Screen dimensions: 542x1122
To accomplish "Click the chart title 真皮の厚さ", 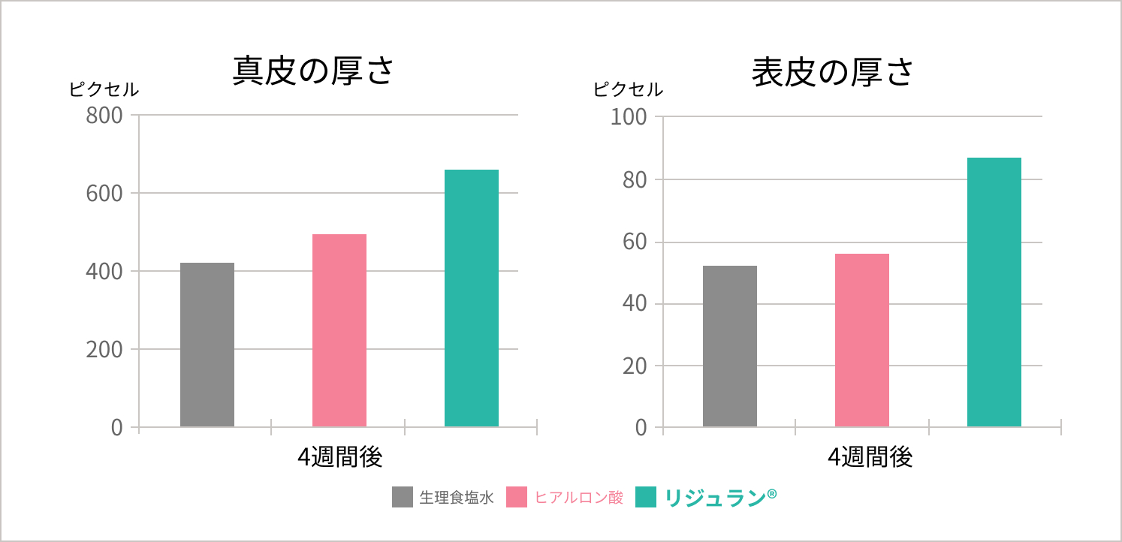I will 313,72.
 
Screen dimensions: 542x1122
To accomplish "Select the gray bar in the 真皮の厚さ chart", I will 207,345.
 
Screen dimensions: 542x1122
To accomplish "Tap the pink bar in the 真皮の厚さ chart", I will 339,330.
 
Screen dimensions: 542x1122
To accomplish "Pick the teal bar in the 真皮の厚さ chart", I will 472,298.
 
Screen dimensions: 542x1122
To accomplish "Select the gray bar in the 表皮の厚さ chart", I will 730,346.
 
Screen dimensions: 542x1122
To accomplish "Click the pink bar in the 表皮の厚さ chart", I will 862,340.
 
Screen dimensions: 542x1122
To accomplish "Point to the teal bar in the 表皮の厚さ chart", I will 994,292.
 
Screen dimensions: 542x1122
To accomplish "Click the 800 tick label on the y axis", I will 104,116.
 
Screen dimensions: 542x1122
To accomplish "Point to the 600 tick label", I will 104,194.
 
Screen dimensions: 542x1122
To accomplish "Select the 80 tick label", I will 634,179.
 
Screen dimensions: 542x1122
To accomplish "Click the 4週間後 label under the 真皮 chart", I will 340,457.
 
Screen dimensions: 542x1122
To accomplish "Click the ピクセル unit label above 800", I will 104,89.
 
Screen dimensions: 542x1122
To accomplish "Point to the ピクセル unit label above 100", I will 628,89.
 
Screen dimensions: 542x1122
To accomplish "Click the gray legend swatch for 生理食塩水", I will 403,497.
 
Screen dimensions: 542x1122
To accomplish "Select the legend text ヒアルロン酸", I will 579,497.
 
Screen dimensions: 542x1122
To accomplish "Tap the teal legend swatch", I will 647,497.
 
